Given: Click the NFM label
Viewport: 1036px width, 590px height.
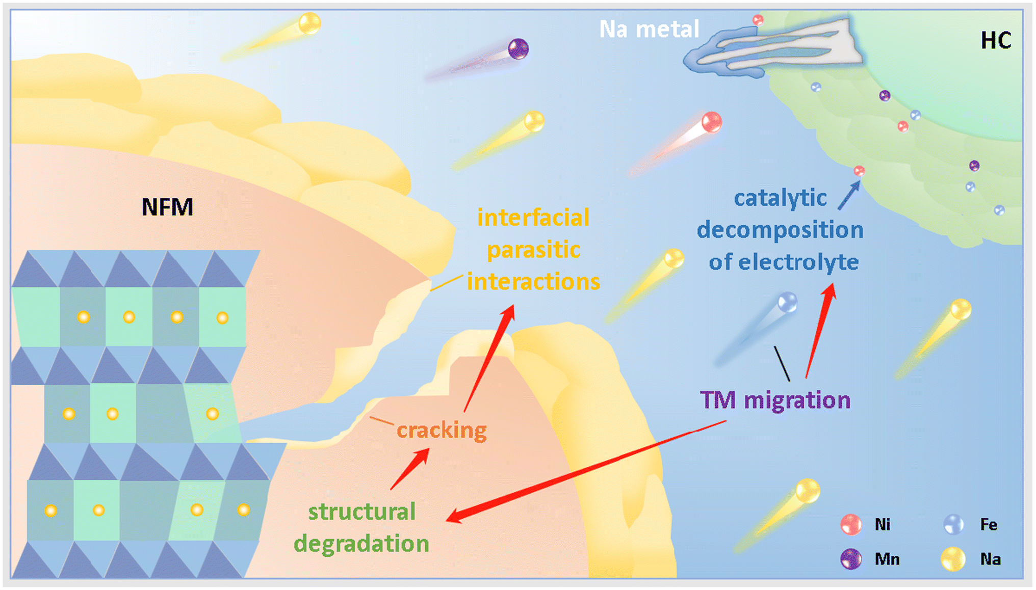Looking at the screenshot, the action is pos(167,207).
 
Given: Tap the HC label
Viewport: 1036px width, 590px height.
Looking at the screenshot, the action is pos(996,41).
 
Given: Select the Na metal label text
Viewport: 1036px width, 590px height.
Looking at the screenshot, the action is pos(649,29).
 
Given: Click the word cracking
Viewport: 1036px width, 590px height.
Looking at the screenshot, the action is pos(442,431).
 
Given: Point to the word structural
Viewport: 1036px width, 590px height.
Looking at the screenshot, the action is pos(362,512).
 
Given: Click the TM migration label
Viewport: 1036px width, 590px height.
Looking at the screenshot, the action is pos(775,400).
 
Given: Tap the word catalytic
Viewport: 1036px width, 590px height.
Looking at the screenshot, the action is pos(780,198).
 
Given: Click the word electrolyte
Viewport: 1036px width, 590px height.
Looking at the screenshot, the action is pos(798,262).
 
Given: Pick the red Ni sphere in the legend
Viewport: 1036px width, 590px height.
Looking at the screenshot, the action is pos(851,524).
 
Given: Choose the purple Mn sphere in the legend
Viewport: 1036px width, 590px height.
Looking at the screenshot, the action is pos(851,559).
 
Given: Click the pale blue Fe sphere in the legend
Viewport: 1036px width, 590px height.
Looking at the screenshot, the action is pos(953,524).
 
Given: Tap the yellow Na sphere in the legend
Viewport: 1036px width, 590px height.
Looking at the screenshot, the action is pos(953,559).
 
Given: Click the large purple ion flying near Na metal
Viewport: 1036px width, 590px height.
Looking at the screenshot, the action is pos(518,49).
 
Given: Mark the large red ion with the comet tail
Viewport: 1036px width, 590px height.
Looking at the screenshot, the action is pos(711,122).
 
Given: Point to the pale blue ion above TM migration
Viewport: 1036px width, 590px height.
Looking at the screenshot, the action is pos(787,302).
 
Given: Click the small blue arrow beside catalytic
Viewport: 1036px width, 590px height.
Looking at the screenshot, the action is pos(849,196).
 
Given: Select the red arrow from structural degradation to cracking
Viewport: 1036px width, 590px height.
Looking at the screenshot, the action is pos(410,469).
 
